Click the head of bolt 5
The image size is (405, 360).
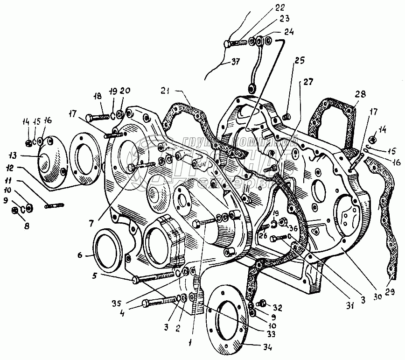point(136,280)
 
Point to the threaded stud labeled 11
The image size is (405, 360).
point(55,204)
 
